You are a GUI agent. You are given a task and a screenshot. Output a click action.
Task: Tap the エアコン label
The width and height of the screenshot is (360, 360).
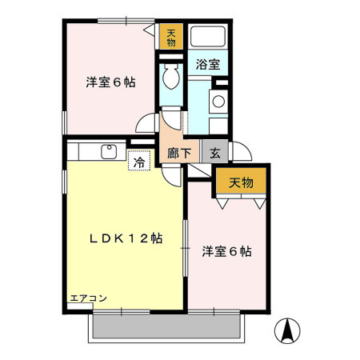(89, 298)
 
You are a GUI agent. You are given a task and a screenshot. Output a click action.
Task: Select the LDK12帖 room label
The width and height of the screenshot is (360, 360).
(126, 238)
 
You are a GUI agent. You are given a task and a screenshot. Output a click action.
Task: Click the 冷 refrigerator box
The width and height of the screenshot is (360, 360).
(139, 161)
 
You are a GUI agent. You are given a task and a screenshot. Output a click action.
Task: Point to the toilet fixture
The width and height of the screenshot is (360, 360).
(170, 78)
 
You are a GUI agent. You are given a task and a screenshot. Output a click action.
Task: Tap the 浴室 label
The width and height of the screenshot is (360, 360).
(208, 65)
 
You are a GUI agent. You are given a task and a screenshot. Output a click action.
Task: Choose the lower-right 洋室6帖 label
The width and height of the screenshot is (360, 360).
(227, 251)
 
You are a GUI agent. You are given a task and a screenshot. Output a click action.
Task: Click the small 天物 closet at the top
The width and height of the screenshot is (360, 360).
(170, 37)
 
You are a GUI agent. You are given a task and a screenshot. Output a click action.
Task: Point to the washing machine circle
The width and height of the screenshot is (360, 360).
(217, 102)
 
